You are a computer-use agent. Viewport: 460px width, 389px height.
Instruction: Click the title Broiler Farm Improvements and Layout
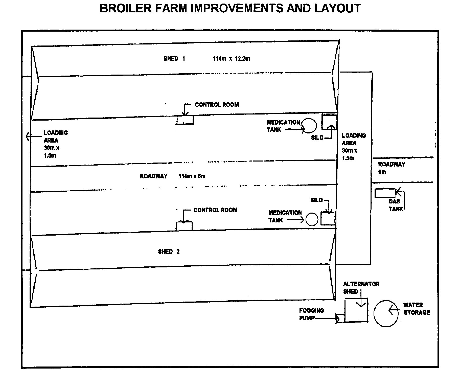[230, 8]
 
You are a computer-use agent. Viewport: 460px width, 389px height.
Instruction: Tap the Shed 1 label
[174, 59]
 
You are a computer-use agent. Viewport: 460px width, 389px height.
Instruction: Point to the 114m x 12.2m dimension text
[231, 59]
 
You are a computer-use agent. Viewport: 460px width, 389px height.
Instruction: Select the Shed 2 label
[169, 251]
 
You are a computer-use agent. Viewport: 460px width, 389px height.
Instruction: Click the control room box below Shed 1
[185, 120]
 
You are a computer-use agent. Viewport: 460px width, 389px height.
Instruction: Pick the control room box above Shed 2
[184, 226]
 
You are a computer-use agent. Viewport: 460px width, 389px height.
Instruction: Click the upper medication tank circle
[309, 126]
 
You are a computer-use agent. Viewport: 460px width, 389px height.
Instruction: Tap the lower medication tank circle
[312, 219]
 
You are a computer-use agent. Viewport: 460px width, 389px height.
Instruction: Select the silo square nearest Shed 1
[329, 122]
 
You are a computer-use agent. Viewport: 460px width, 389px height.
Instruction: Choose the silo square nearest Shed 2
[328, 218]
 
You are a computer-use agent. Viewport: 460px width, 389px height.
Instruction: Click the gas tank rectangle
[385, 193]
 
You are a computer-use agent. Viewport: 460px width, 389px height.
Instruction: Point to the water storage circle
[386, 314]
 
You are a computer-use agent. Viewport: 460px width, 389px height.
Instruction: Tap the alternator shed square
[356, 310]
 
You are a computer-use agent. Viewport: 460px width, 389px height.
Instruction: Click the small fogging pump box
[340, 318]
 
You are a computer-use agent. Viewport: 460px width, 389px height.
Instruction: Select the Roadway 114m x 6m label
[173, 176]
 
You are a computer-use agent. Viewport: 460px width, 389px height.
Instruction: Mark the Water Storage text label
[417, 309]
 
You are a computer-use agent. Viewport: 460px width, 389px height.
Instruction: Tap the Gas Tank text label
[394, 205]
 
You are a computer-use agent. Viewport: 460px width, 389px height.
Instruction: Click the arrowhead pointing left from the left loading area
[28, 136]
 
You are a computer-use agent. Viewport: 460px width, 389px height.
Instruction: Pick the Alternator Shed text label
[361, 288]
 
